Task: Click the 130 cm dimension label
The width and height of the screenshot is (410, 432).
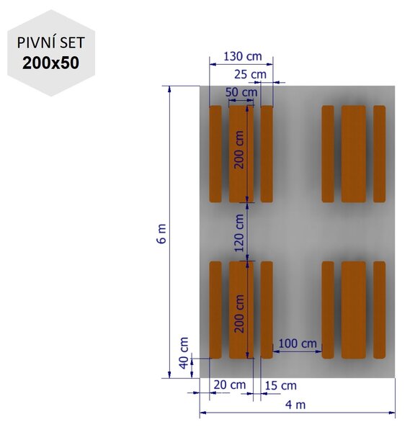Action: tap(242, 56)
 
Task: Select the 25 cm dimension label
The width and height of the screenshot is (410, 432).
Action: tap(250, 74)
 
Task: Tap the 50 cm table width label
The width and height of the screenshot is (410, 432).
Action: tap(241, 92)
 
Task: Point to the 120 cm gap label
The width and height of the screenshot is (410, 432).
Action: tap(239, 233)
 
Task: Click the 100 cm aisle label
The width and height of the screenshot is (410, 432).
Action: tap(298, 343)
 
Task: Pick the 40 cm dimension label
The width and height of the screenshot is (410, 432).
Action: tap(184, 353)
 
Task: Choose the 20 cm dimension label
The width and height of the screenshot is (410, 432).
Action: tap(230, 385)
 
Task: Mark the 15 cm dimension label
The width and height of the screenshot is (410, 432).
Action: tap(281, 386)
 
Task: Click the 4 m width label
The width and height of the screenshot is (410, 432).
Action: tap(295, 405)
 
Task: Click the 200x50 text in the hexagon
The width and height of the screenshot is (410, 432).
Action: tap(50, 63)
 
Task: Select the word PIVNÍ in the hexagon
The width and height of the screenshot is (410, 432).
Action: tap(34, 43)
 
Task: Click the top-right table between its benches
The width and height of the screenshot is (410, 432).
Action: tap(354, 154)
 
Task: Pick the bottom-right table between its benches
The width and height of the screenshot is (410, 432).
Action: tap(354, 310)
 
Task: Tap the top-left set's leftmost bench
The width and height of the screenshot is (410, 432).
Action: tap(215, 154)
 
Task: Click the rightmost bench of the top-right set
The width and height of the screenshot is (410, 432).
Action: tap(380, 154)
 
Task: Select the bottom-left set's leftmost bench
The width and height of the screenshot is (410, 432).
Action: tap(215, 310)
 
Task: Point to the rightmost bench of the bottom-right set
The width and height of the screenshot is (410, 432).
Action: tap(380, 310)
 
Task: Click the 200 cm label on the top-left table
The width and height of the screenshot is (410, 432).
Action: tap(239, 150)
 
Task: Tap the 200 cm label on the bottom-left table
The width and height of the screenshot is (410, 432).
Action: tap(239, 314)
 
